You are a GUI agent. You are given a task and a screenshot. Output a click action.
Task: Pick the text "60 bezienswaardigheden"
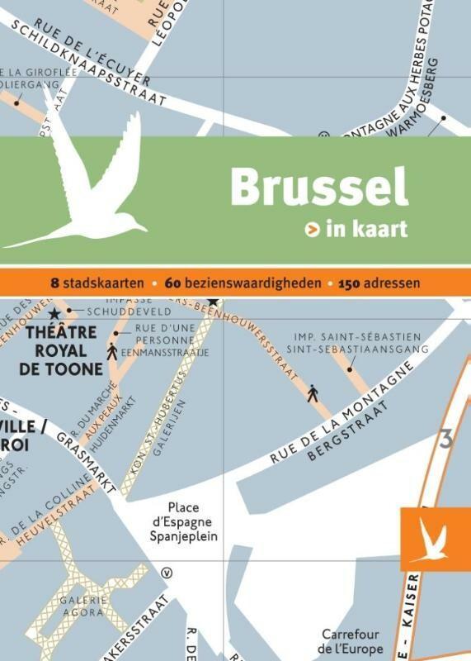coord(243,283)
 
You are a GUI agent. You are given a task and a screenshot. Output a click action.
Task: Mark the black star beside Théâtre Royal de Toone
coord(54,314)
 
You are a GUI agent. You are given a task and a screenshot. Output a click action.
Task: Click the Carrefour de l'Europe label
coord(351,641)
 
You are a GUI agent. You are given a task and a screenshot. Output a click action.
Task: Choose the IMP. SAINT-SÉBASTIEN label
coord(357,337)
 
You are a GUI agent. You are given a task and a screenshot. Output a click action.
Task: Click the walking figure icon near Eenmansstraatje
coord(111,350)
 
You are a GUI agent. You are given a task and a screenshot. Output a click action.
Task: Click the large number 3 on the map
coord(445,439)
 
